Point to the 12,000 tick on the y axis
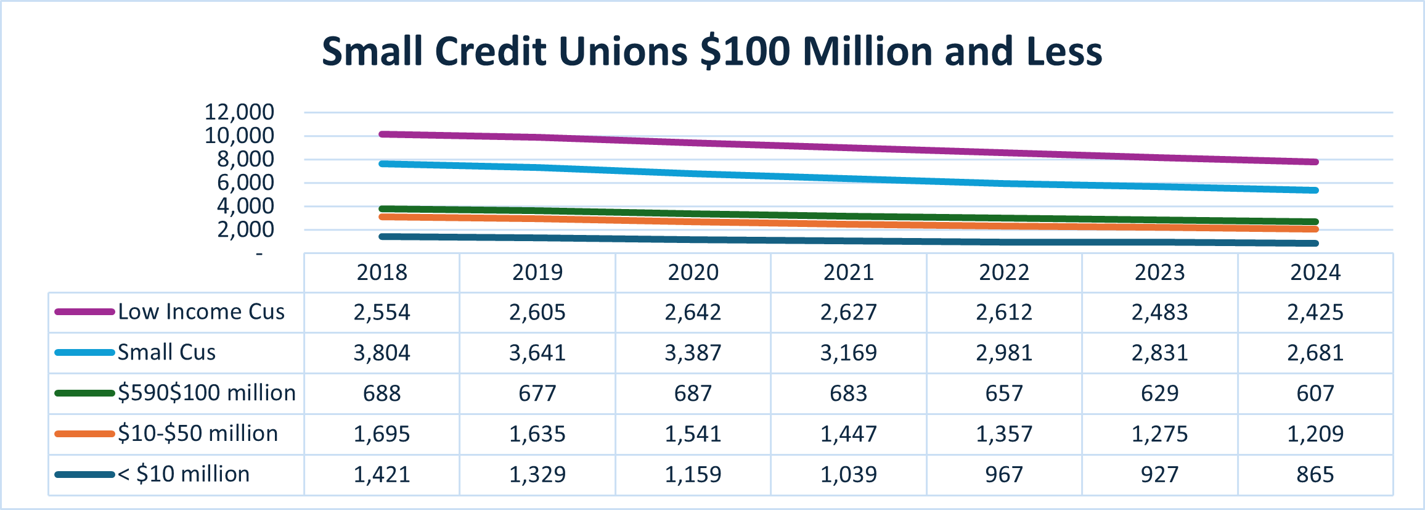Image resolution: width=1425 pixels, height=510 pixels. [239, 112]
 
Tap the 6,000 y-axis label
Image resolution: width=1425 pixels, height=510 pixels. [245, 183]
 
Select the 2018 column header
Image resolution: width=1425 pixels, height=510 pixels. [382, 273]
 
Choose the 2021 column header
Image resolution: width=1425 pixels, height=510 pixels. [849, 273]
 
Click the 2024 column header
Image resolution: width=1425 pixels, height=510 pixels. [1315, 273]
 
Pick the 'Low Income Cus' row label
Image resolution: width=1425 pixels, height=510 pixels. [202, 312]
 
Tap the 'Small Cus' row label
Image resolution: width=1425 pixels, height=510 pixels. [167, 353]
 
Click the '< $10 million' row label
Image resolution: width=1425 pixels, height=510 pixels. [184, 474]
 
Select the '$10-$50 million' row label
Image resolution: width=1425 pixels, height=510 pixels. [198, 434]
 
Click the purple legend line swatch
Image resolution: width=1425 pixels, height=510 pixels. [84, 312]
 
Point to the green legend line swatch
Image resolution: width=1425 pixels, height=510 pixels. [84, 393]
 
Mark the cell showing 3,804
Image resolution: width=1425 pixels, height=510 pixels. [382, 353]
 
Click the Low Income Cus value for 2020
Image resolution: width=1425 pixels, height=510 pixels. [693, 312]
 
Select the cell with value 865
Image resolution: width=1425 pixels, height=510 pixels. [1315, 474]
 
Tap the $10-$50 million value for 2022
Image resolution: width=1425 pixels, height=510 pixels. [1004, 434]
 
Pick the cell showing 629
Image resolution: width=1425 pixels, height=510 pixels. [1160, 393]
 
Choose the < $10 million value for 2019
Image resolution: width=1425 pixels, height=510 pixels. [537, 474]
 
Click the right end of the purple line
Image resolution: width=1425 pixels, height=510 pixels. [1315, 162]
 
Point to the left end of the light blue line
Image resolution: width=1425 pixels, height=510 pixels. [382, 164]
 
